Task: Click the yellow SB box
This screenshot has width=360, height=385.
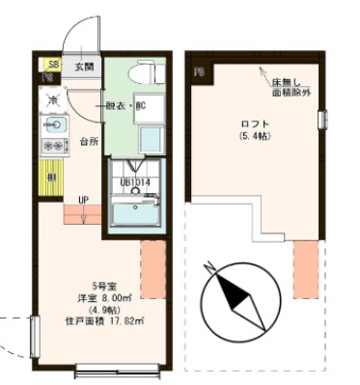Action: (50, 65)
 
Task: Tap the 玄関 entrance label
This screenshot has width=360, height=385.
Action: (85, 68)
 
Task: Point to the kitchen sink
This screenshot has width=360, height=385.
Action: (53, 124)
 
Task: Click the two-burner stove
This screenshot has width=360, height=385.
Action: (52, 148)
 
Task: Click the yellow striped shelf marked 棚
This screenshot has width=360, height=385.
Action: (49, 178)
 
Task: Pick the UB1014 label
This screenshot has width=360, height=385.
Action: (134, 181)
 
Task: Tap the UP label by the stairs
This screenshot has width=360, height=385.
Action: (84, 200)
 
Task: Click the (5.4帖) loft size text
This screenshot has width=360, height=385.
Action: (255, 136)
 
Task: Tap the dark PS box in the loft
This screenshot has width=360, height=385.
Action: (200, 72)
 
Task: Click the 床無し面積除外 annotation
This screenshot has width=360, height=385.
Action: (292, 91)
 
